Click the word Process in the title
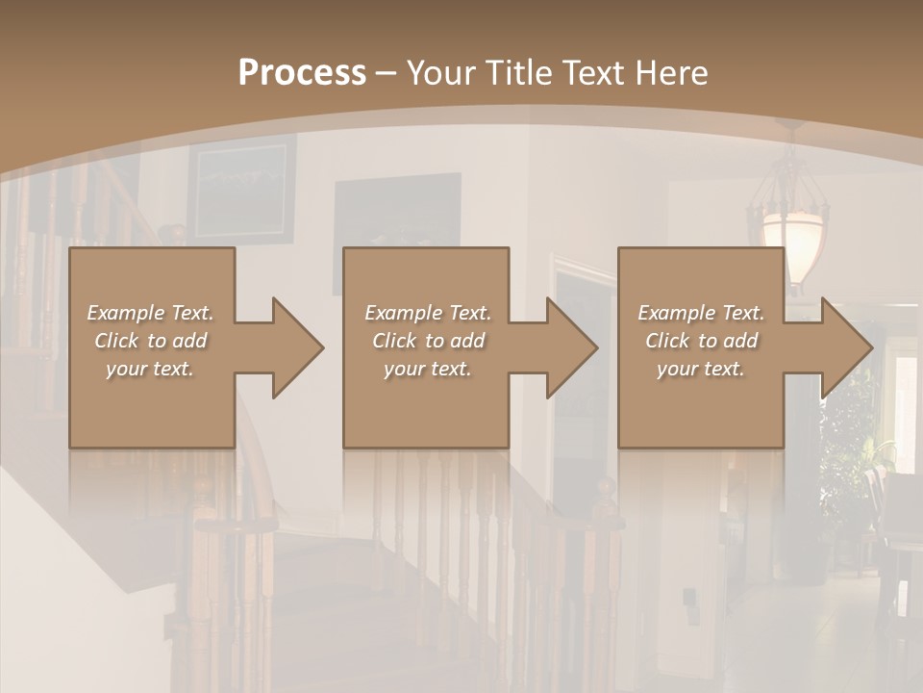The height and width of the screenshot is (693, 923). click(x=302, y=73)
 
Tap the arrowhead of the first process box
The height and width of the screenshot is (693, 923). click(x=297, y=347)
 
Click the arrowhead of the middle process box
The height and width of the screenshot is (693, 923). click(x=571, y=347)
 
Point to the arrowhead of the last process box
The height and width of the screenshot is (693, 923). click(x=846, y=347)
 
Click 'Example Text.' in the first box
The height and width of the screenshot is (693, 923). click(x=150, y=313)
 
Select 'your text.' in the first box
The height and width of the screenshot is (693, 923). click(x=150, y=369)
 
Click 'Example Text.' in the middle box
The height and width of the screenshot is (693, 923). click(x=428, y=313)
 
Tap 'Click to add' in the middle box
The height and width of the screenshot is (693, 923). click(x=428, y=341)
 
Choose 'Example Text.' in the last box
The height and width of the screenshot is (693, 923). click(x=701, y=313)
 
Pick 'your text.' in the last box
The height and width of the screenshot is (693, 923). click(x=701, y=369)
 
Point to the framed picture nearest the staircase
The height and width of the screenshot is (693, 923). click(x=240, y=191)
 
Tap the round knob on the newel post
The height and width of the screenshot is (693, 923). click(x=605, y=486)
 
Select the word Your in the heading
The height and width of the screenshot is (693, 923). click(x=443, y=73)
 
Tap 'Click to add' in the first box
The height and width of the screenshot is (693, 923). click(x=150, y=341)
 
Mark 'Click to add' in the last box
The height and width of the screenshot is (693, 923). click(x=701, y=341)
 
